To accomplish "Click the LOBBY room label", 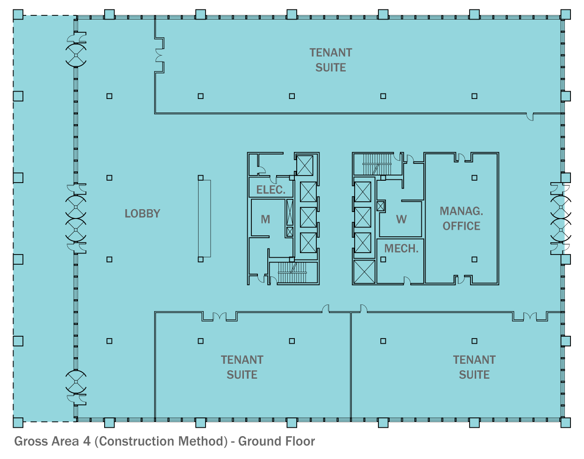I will click(x=142, y=213).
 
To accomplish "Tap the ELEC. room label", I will click(x=271, y=190).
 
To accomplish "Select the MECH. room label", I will click(x=401, y=248).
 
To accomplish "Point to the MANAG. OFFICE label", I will click(x=461, y=219).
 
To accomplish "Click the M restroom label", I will click(x=265, y=219).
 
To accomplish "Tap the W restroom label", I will click(x=401, y=219).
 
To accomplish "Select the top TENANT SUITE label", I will click(x=331, y=60).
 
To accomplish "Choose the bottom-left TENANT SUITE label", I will click(x=242, y=367).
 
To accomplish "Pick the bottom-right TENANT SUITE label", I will click(x=474, y=367).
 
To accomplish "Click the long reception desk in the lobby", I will click(x=204, y=219).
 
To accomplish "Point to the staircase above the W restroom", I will click(x=377, y=164).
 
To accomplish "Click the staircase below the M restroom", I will click(x=292, y=273).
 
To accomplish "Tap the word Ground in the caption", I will click(x=258, y=441).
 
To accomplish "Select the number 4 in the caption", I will click(x=87, y=441).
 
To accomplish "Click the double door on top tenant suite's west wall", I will click(x=159, y=56).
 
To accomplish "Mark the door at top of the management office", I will click(x=461, y=157).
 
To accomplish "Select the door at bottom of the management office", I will click(x=461, y=280).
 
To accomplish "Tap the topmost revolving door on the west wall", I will click(x=76, y=55).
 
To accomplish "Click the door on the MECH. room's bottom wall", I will click(x=407, y=281).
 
